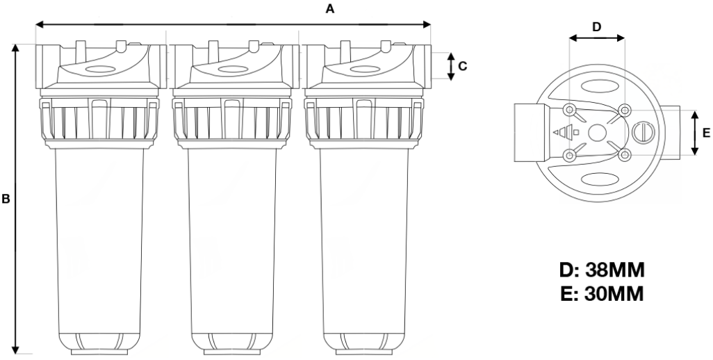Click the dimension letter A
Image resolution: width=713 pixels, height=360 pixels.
(331, 9)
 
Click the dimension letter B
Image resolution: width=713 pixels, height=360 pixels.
(6, 199)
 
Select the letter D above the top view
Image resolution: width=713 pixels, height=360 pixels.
(597, 27)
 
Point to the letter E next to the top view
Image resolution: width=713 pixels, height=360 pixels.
(706, 133)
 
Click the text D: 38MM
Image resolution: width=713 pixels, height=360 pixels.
(603, 270)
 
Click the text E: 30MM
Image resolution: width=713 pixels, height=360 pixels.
(603, 295)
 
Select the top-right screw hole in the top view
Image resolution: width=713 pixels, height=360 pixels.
(625, 110)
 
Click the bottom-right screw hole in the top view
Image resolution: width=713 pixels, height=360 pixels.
(625, 156)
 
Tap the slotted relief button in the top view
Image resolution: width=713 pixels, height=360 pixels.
(644, 132)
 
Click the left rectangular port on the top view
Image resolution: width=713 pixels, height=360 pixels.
(532, 132)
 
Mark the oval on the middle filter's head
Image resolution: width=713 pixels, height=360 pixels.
(229, 69)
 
